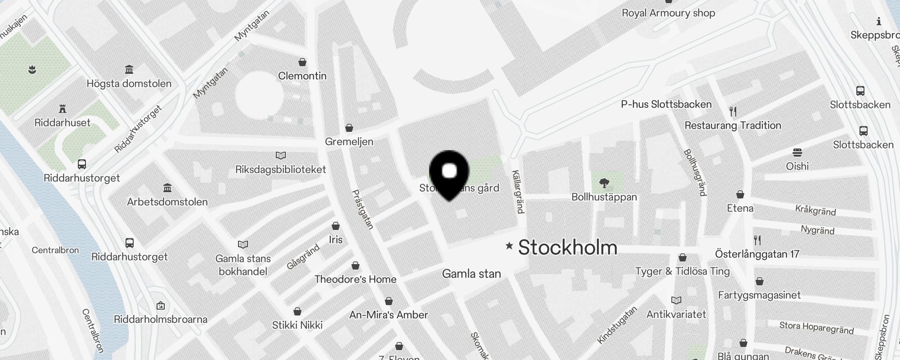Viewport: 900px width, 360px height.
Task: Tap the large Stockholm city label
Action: [x=567, y=247]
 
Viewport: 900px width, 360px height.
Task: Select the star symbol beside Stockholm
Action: [x=509, y=246]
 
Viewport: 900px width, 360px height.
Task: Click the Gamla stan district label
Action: [x=471, y=274]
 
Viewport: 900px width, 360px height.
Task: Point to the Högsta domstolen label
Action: [x=129, y=84]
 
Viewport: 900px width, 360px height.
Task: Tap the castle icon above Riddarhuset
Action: [x=63, y=109]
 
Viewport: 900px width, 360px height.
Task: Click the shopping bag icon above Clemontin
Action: [x=302, y=62]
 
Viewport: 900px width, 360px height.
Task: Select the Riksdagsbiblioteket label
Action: [x=281, y=170]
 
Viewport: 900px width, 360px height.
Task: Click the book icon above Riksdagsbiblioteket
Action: [x=281, y=156]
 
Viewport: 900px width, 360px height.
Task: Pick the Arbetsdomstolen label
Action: [x=167, y=202]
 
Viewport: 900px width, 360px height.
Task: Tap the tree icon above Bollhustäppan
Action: [x=604, y=183]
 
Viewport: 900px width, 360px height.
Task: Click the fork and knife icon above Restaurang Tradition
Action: [x=733, y=111]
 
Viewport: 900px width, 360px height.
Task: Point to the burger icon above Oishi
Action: [x=797, y=152]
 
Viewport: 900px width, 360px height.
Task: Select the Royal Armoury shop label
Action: [x=668, y=13]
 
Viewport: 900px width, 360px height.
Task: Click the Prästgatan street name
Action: [x=363, y=209]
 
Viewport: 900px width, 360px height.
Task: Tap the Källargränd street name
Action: [x=518, y=192]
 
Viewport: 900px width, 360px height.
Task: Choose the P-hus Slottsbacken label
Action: [x=666, y=104]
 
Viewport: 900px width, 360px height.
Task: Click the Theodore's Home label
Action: [x=355, y=279]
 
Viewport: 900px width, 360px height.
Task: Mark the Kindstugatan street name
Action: [x=617, y=325]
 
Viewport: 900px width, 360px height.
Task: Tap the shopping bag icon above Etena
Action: [x=740, y=194]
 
